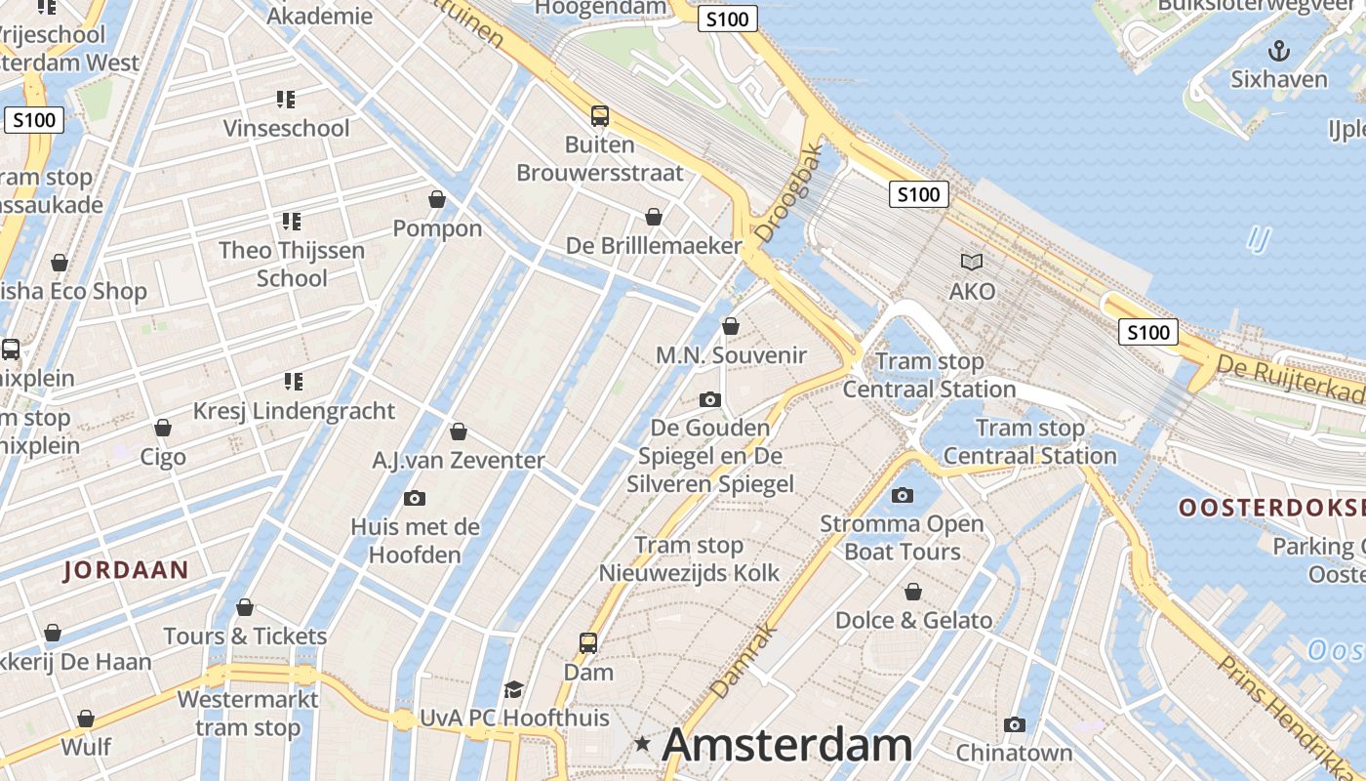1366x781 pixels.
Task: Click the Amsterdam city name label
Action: [x=786, y=746]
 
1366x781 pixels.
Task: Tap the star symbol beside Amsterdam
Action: [x=642, y=744]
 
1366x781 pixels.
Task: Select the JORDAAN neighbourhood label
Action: [x=125, y=570]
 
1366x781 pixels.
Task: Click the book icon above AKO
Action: [x=972, y=262]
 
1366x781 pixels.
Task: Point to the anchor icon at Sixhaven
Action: [x=1278, y=51]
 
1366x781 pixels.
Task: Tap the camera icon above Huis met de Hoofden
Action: [x=415, y=498]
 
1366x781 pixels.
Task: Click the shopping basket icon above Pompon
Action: [x=437, y=199]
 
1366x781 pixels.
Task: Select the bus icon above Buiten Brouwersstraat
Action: [x=600, y=115]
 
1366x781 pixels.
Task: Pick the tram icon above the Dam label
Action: [x=588, y=642]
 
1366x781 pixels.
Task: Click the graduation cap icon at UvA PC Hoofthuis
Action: [x=513, y=690]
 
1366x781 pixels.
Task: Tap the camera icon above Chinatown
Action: [x=1015, y=724]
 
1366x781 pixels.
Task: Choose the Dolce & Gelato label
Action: [x=913, y=620]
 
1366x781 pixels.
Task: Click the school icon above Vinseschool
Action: [x=285, y=99]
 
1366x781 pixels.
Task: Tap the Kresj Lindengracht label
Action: [x=294, y=411]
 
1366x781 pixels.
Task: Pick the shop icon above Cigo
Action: [x=163, y=428]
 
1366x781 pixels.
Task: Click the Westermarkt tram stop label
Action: [x=248, y=714]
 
